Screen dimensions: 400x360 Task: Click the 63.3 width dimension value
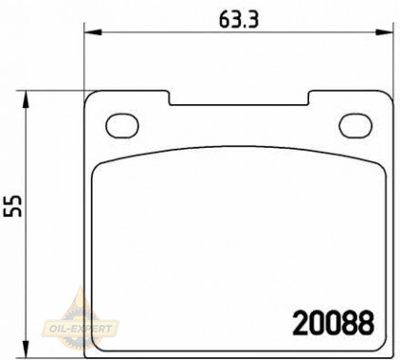(239, 20)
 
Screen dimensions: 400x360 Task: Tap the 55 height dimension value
(13, 206)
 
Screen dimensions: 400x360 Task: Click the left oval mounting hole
(122, 126)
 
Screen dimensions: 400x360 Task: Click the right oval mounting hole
(355, 126)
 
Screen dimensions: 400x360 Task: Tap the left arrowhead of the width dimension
(93, 32)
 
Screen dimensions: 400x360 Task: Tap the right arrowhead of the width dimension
(384, 32)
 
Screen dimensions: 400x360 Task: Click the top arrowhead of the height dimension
(26, 99)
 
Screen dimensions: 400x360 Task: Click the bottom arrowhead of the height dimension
(26, 350)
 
